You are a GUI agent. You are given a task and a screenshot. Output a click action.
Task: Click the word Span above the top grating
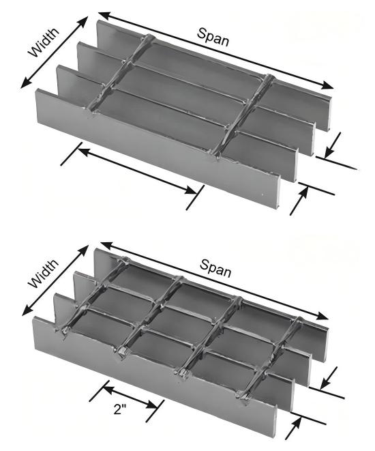[x=213, y=38]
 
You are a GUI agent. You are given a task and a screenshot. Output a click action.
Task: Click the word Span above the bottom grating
[x=215, y=267]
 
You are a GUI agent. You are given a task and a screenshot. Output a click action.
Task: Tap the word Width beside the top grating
[x=44, y=42]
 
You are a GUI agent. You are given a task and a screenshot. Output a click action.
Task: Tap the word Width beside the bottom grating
[x=44, y=273]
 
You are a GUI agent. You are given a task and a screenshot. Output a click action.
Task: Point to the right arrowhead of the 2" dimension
[x=152, y=406]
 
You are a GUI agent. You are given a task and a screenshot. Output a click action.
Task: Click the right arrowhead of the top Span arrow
[x=327, y=85]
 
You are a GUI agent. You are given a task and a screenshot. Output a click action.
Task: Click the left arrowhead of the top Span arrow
[x=104, y=15]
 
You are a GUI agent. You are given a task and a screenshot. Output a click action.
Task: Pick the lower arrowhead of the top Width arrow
[x=26, y=82]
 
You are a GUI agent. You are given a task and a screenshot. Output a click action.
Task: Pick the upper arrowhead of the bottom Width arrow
[x=82, y=251]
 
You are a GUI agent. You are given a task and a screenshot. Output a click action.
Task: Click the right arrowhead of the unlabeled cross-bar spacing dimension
[x=192, y=190]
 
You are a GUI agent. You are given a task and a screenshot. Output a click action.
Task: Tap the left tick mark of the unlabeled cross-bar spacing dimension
[x=72, y=154]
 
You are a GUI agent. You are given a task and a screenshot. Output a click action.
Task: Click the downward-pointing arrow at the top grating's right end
[x=333, y=145]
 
